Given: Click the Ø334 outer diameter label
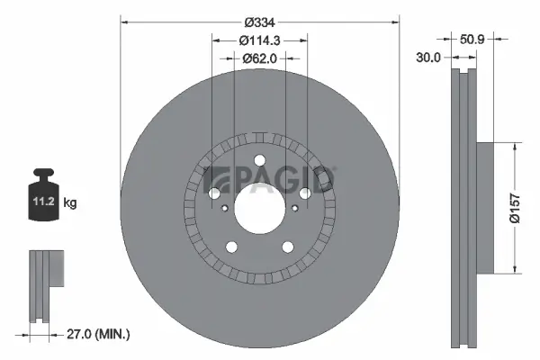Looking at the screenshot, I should click(x=260, y=22).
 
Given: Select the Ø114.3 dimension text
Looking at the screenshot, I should click(x=261, y=40).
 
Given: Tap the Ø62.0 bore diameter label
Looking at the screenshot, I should click(x=260, y=58).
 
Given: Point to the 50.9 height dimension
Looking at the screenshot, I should click(x=473, y=40).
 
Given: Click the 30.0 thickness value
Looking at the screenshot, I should click(x=429, y=57).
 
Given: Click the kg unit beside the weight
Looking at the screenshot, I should click(x=70, y=203).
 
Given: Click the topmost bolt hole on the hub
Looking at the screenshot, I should click(x=260, y=161).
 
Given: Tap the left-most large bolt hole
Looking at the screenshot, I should click(x=215, y=193).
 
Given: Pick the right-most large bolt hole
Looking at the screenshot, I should click(x=304, y=193).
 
